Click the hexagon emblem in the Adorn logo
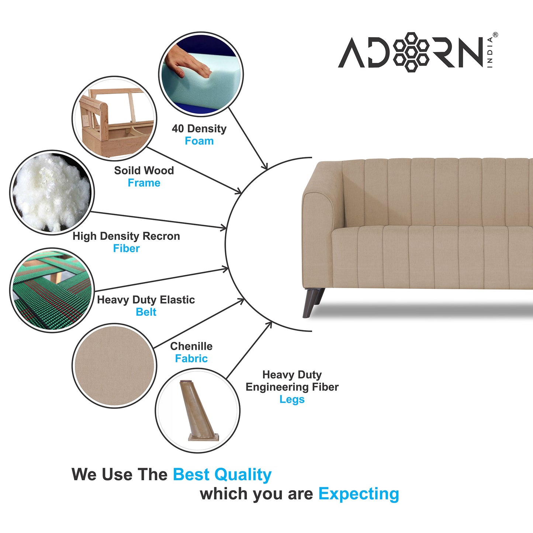411,52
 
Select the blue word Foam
199,141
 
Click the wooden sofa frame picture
114,118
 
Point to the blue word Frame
144,183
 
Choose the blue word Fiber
126,249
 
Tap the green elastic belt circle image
52,290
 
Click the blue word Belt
146,312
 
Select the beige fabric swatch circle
114,366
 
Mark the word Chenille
191,346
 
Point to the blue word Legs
292,399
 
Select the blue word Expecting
359,494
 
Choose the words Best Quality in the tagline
222,475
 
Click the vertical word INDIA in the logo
490,52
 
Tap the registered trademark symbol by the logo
495,35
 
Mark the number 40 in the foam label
178,128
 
